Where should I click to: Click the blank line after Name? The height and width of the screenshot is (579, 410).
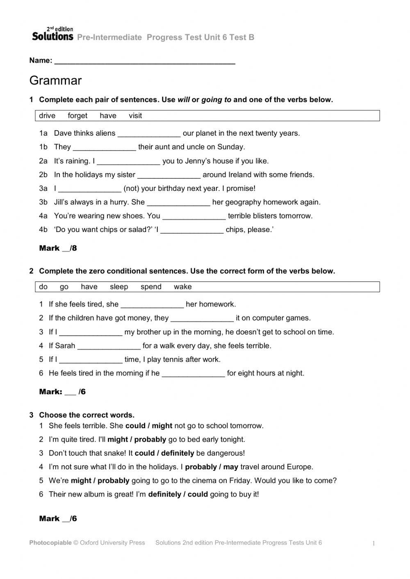pos(144,62)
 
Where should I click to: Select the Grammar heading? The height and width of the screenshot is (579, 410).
pos(55,81)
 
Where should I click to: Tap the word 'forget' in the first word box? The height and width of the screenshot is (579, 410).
pos(77,116)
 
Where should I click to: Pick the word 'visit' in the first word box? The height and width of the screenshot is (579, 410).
pos(135,116)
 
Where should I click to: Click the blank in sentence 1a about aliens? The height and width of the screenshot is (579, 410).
pos(149,134)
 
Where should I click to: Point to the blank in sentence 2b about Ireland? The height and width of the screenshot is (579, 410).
pos(169,176)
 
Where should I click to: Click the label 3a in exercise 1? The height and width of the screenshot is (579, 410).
pos(43,188)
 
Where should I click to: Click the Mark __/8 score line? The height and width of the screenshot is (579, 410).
pos(58,248)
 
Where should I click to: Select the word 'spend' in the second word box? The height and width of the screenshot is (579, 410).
pos(151,287)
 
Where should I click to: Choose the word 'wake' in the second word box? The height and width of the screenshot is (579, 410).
pos(182,287)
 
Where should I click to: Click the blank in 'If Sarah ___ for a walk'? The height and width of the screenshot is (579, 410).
pos(109,347)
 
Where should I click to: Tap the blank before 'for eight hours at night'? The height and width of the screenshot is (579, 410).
pos(193,375)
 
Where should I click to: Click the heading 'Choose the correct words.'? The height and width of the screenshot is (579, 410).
pos(87,415)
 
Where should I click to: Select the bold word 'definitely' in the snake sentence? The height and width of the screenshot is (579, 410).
pos(178,453)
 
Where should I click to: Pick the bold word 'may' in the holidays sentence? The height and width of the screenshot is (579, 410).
pos(231,467)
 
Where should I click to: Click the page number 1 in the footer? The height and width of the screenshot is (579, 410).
pos(374,544)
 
